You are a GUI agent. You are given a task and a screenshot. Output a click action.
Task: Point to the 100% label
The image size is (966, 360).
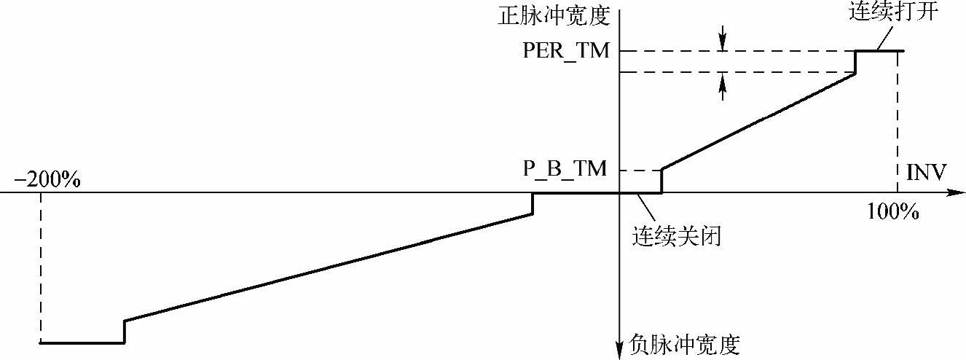click(892, 213)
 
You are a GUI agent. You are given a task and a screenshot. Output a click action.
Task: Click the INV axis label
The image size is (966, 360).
click(926, 173)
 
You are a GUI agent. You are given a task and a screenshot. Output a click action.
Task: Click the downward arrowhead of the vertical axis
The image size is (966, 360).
click(619, 351)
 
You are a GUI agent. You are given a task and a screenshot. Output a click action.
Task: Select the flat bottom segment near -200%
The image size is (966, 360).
click(82, 343)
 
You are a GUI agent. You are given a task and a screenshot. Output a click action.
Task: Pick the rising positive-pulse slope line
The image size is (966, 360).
click(758, 122)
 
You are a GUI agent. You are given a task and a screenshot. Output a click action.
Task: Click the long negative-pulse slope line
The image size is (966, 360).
click(328, 267)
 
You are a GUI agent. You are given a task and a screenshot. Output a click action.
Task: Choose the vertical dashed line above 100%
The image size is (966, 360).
click(898, 124)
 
